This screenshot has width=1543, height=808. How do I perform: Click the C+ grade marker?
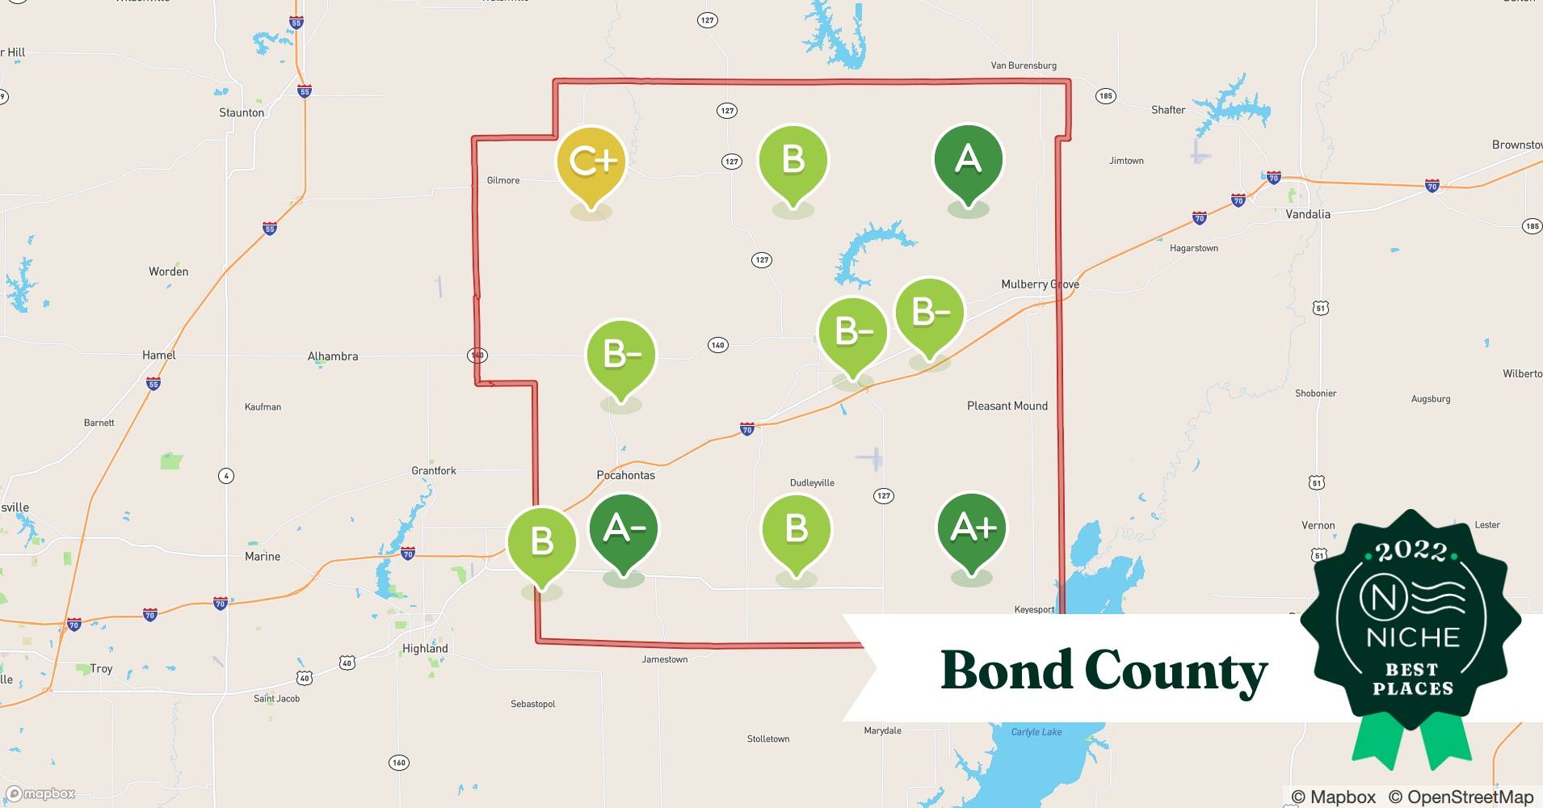pos(591,162)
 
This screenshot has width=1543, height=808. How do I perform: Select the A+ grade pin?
pos(971,528)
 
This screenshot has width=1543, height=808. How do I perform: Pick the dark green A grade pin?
pos(968,159)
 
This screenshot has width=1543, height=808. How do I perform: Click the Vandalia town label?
pos(1307,214)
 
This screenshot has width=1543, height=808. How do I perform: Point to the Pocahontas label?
pos(625,475)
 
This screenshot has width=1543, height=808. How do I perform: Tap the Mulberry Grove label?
pos(1040,284)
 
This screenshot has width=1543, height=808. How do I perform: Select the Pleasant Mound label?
pos(1007,406)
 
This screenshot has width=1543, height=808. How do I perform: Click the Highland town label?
pos(425,648)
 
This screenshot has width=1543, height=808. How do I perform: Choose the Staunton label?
pos(242,112)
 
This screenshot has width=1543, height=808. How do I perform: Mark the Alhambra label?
pos(332,356)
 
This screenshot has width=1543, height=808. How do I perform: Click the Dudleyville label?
pos(812,482)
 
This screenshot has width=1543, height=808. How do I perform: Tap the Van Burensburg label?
pos(1024,65)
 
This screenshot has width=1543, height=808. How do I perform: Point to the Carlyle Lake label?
pos(1036,732)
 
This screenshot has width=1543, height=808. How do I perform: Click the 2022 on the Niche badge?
pos(1411,551)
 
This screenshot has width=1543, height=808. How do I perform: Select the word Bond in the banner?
pos(1006,670)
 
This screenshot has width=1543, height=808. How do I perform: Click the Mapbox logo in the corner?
pos(41,793)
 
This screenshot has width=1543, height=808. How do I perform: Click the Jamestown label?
pos(664,659)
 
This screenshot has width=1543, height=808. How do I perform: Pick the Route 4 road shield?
pos(226,476)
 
